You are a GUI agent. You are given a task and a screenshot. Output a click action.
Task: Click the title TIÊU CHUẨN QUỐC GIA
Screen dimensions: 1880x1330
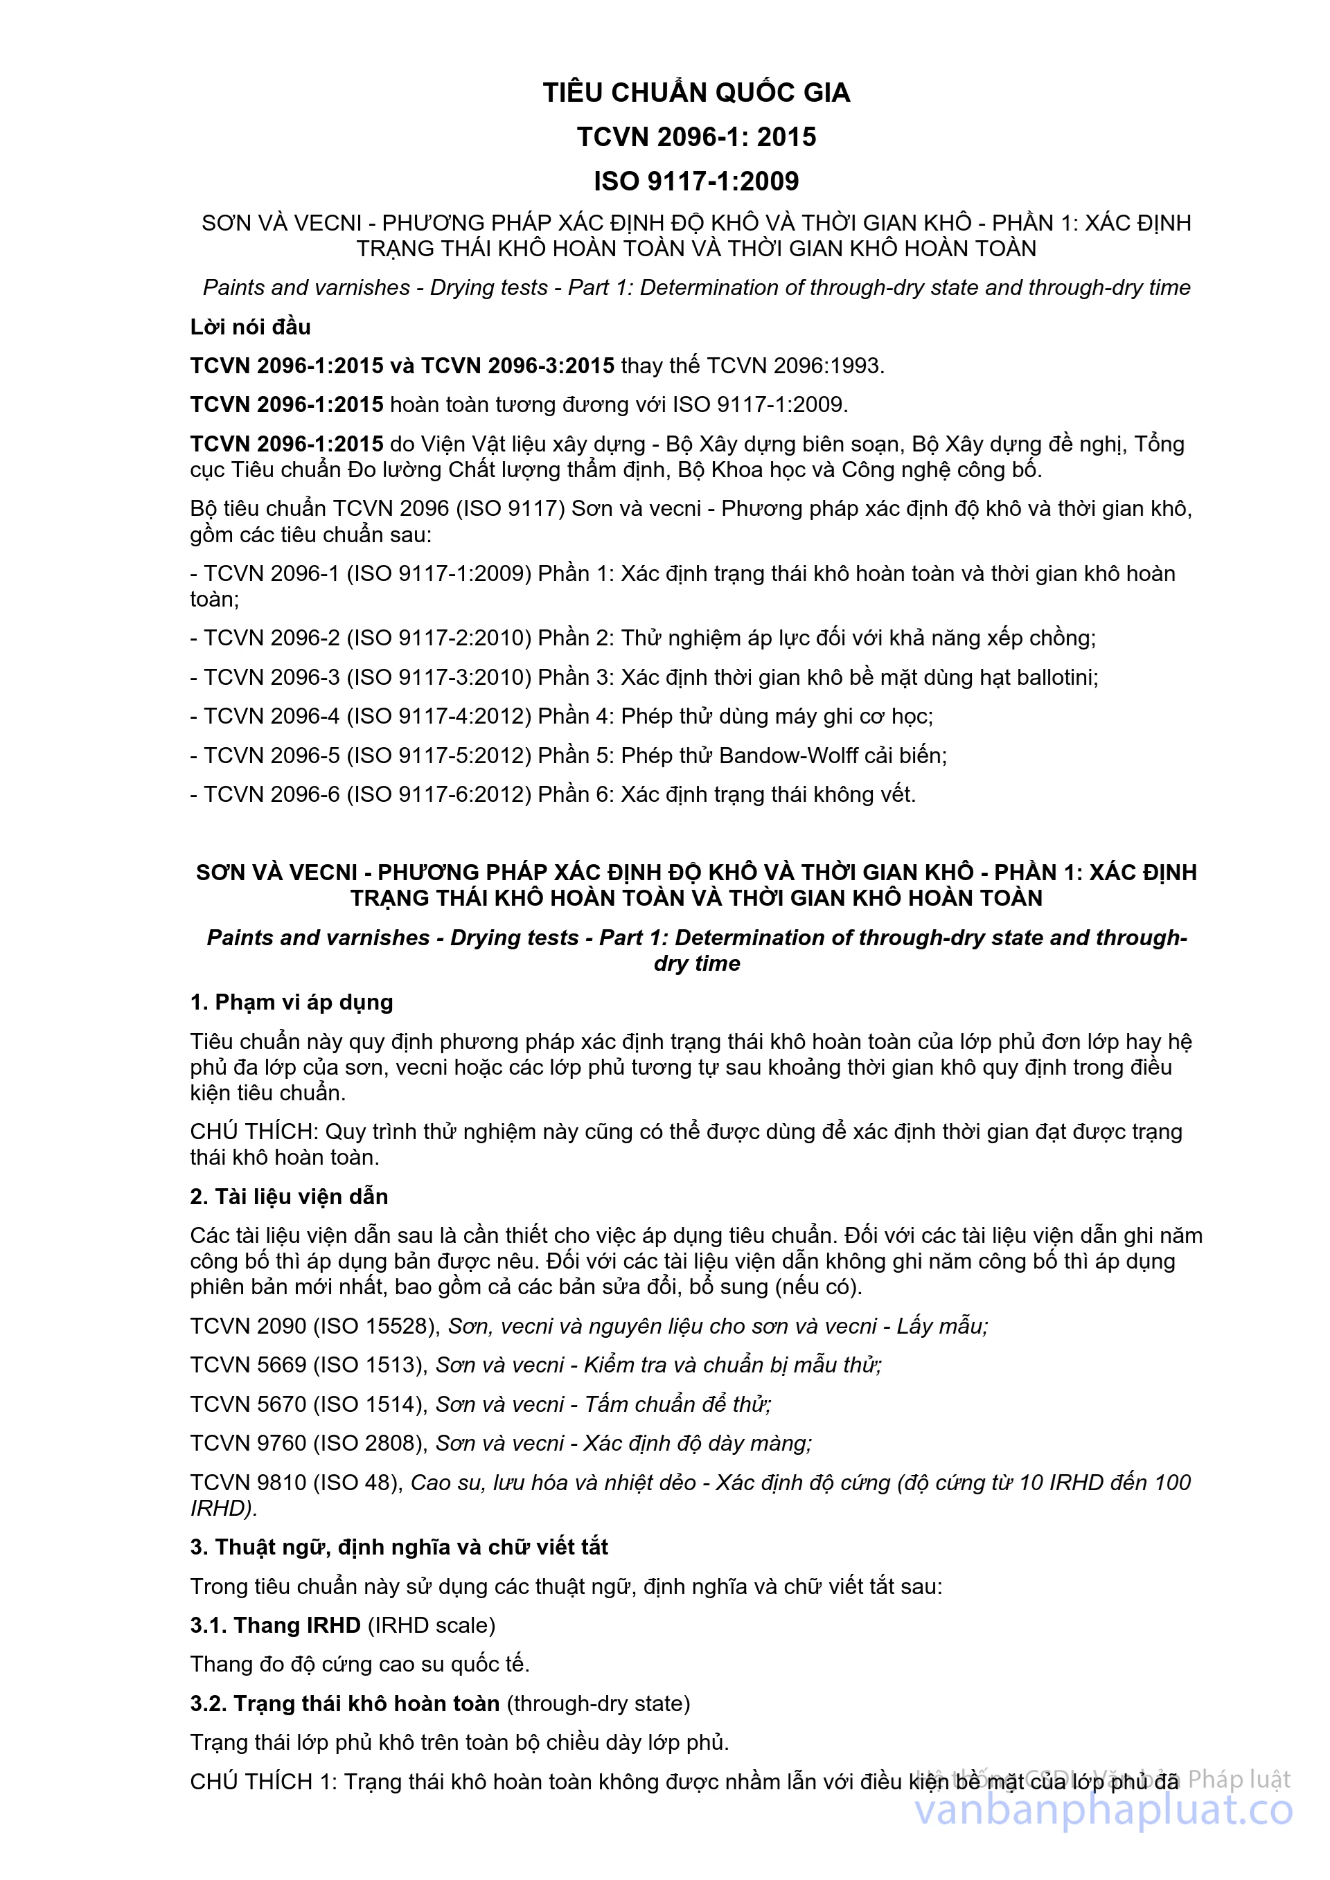click(x=696, y=93)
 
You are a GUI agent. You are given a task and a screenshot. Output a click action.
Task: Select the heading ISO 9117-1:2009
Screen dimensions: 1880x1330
click(x=696, y=181)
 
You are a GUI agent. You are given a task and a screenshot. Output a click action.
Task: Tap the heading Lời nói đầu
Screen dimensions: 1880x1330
click(x=251, y=328)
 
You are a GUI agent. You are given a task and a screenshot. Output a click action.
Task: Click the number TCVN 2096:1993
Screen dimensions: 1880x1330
click(x=795, y=366)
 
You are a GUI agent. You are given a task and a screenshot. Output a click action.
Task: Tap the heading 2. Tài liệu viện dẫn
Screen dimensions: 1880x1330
click(x=289, y=1197)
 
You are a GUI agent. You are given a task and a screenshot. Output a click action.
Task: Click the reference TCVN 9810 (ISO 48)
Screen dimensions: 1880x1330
click(x=296, y=1482)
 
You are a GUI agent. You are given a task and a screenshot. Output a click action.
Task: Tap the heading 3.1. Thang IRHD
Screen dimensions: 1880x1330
click(x=275, y=1625)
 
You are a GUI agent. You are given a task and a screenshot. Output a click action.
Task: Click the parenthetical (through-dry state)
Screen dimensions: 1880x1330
click(x=598, y=1703)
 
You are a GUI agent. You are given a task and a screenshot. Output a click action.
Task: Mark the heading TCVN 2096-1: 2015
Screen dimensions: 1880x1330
click(x=696, y=136)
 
